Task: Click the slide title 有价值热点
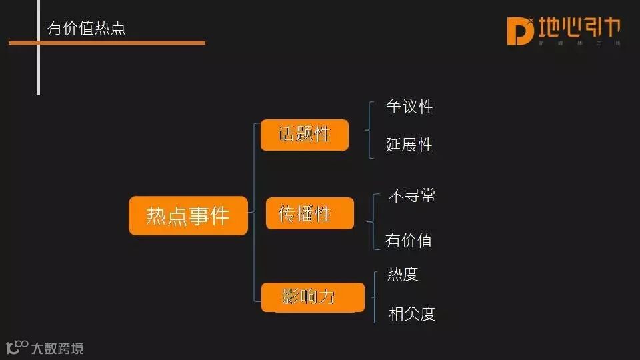click(x=86, y=28)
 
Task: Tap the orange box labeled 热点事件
click(x=188, y=215)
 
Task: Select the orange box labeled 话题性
click(x=305, y=135)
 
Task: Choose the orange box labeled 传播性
click(x=309, y=213)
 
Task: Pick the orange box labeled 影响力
click(x=313, y=297)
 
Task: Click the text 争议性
click(x=410, y=107)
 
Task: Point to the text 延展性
click(x=409, y=145)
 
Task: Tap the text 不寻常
click(x=412, y=195)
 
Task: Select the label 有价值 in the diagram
click(x=409, y=240)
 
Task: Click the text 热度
click(x=403, y=273)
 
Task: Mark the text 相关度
click(x=412, y=313)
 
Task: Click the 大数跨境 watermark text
click(x=57, y=348)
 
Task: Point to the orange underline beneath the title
click(x=107, y=43)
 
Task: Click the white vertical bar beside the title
click(x=38, y=47)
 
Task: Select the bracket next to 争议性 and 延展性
click(x=369, y=130)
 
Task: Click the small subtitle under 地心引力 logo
click(x=579, y=43)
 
